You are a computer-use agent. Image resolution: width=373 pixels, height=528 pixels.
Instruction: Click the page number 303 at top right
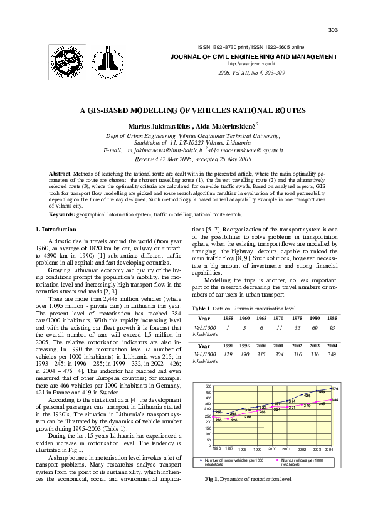click(333, 31)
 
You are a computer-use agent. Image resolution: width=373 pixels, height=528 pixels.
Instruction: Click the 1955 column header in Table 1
click(228, 318)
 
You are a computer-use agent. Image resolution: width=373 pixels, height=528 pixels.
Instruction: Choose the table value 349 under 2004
click(332, 355)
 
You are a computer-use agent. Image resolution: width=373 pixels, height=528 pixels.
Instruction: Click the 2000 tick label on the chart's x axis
click(272, 449)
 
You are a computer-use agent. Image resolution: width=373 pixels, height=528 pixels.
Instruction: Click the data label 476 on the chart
click(334, 389)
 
